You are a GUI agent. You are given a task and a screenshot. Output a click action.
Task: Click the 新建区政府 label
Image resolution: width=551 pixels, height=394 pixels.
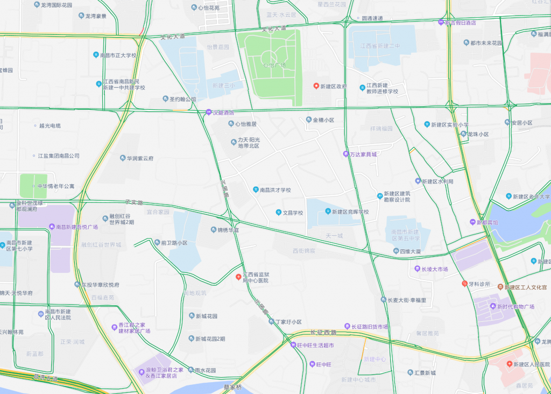pyautogui.click(x=334, y=87)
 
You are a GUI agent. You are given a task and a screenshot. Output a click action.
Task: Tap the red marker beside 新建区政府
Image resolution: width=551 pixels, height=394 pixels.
pyautogui.click(x=316, y=86)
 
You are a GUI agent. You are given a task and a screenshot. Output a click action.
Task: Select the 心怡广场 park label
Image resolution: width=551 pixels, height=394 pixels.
pyautogui.click(x=274, y=65)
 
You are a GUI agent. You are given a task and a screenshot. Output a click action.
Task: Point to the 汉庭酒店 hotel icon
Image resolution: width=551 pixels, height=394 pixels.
pyautogui.click(x=209, y=112)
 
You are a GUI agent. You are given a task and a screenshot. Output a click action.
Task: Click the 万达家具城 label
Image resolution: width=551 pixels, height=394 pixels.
pyautogui.click(x=363, y=154)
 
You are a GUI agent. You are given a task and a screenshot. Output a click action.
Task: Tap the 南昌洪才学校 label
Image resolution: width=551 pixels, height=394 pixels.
pyautogui.click(x=275, y=190)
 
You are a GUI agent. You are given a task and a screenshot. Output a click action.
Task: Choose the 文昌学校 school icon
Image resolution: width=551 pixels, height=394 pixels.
pyautogui.click(x=279, y=213)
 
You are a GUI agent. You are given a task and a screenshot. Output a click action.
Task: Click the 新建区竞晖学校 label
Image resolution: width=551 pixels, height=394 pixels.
pyautogui.click(x=350, y=212)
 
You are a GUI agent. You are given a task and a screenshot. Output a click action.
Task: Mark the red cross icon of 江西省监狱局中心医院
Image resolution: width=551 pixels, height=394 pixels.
pyautogui.click(x=239, y=277)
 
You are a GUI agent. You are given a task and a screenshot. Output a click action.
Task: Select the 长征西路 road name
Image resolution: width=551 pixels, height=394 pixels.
pyautogui.click(x=323, y=333)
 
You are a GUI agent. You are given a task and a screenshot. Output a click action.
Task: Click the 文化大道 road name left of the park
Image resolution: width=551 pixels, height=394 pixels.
pyautogui.click(x=172, y=37)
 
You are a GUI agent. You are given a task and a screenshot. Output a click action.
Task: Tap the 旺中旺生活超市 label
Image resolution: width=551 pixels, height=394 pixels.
pyautogui.click(x=316, y=345)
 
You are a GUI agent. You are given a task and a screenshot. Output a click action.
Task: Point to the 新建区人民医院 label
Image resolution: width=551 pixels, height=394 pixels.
pyautogui.click(x=532, y=364)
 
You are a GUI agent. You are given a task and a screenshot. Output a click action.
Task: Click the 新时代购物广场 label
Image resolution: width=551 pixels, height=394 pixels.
pyautogui.click(x=515, y=307)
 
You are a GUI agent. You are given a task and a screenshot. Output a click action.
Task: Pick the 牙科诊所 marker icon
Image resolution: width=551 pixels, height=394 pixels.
pyautogui.click(x=464, y=284)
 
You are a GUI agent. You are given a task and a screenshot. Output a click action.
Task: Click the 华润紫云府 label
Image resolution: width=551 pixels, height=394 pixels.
pyautogui.click(x=140, y=159)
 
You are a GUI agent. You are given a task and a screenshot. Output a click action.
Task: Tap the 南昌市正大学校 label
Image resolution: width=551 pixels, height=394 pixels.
pyautogui.click(x=118, y=55)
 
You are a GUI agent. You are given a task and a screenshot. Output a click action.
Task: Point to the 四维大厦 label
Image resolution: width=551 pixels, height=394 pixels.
pyautogui.click(x=411, y=251)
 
